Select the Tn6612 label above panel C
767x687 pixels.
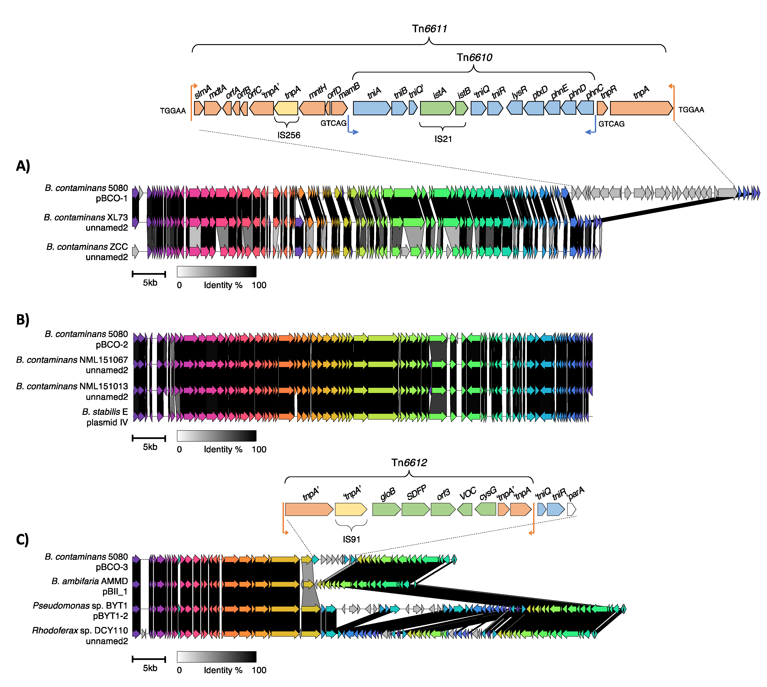pyautogui.click(x=409, y=463)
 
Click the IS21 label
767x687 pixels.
pyautogui.click(x=443, y=139)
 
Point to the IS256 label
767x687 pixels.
pyautogui.click(x=289, y=135)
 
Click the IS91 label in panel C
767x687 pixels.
pyautogui.click(x=351, y=539)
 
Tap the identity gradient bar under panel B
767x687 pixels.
pyautogui.click(x=217, y=436)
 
